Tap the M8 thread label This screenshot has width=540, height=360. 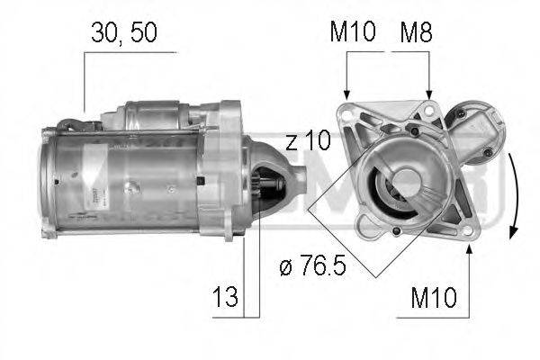pyautogui.click(x=418, y=33)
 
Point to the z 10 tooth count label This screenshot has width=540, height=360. pyautogui.click(x=309, y=141)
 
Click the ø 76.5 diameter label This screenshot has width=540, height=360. pyautogui.click(x=313, y=267)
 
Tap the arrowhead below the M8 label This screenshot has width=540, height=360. pyautogui.click(x=428, y=93)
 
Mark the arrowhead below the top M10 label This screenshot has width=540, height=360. pyautogui.click(x=347, y=93)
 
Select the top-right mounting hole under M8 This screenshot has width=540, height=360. pyautogui.click(x=429, y=112)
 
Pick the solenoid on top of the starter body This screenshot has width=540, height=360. pyautogui.click(x=157, y=114)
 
